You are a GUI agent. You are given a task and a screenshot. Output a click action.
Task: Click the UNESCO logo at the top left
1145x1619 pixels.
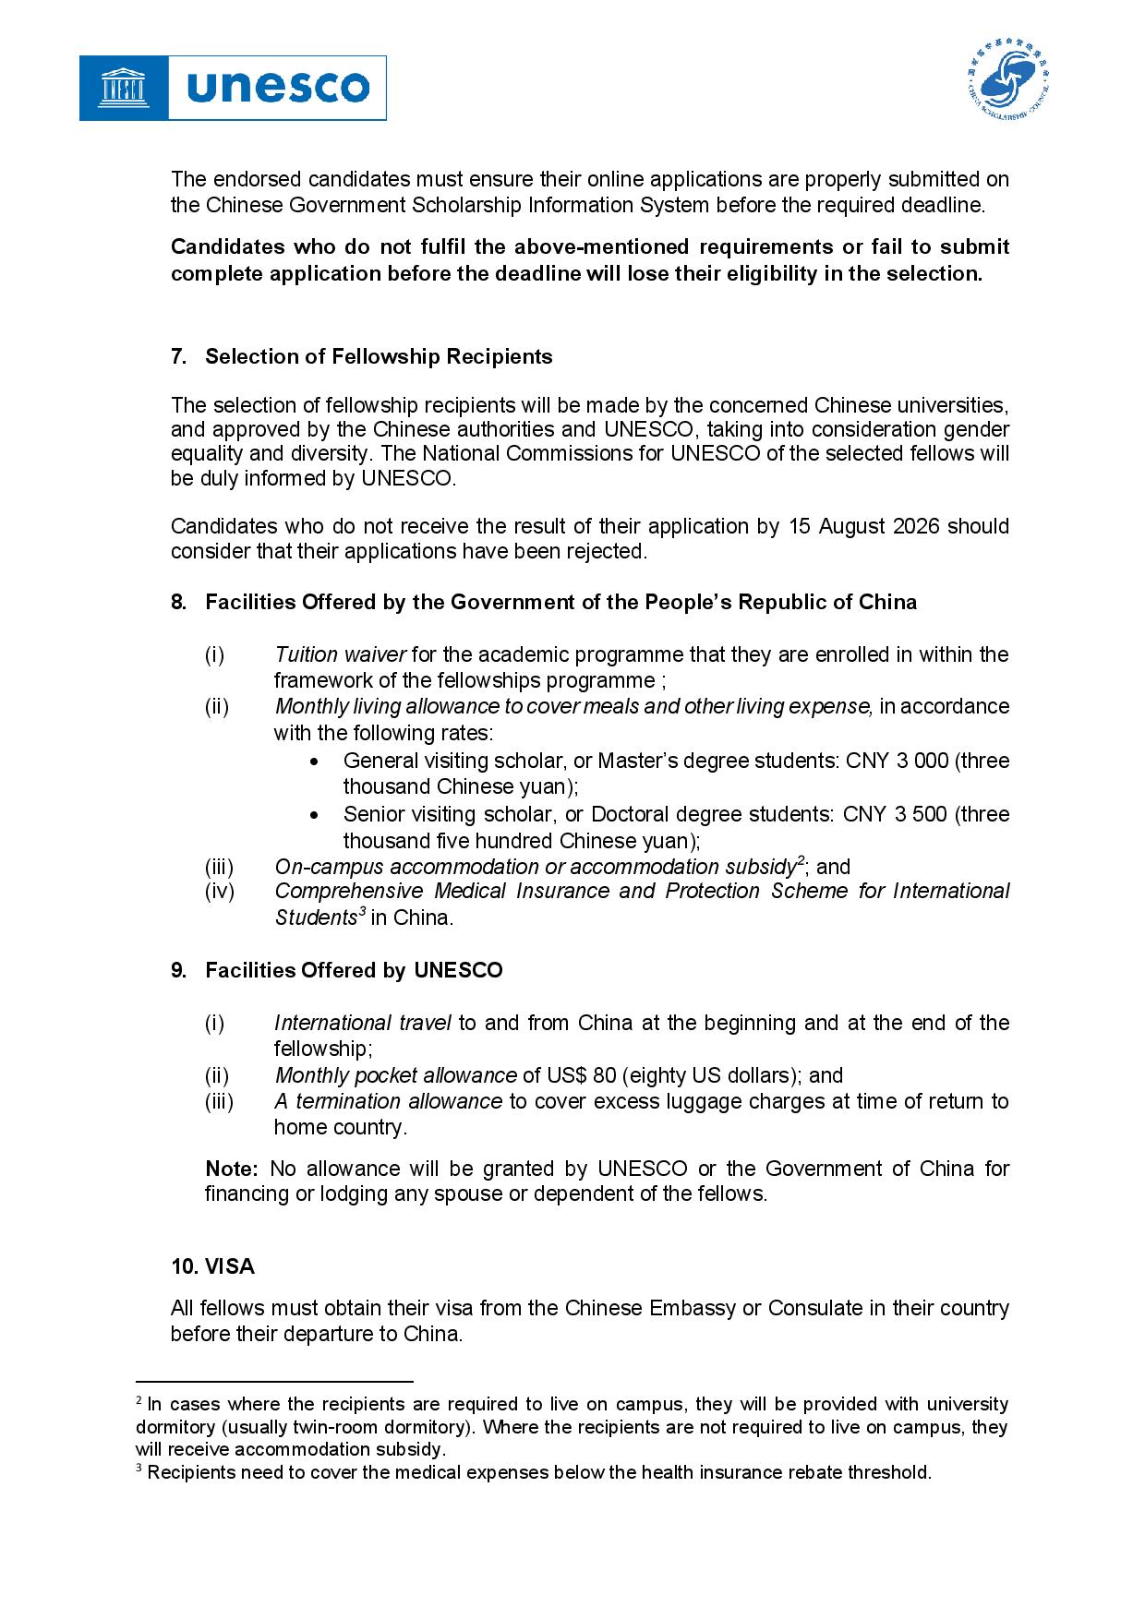pyautogui.click(x=233, y=88)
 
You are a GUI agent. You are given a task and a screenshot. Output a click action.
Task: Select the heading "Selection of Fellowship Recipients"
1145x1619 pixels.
pyautogui.click(x=379, y=356)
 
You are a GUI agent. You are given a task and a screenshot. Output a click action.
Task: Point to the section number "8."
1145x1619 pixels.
pyautogui.click(x=178, y=602)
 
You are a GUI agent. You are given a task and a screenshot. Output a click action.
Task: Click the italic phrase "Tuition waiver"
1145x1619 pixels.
pyautogui.click(x=340, y=654)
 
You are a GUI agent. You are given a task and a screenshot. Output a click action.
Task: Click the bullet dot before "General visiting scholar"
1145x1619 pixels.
pyautogui.click(x=317, y=762)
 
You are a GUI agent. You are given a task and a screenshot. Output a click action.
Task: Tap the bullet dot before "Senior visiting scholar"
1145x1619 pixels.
pyautogui.click(x=317, y=815)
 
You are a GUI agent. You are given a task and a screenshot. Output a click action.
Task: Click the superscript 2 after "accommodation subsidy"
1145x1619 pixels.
pyautogui.click(x=801, y=861)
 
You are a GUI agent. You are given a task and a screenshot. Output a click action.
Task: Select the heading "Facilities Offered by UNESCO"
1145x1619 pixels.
pyautogui.click(x=354, y=970)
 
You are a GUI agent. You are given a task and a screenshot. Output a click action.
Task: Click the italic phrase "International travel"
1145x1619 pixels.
pyautogui.click(x=362, y=1023)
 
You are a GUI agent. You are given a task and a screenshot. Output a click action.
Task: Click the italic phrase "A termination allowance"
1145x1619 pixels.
pyautogui.click(x=388, y=1101)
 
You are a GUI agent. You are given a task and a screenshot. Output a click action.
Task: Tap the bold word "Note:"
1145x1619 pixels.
pyautogui.click(x=232, y=1169)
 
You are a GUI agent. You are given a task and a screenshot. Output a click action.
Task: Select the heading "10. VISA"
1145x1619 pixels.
pyautogui.click(x=212, y=1266)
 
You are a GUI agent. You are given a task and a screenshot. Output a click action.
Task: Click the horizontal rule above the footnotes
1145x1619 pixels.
pyautogui.click(x=274, y=1382)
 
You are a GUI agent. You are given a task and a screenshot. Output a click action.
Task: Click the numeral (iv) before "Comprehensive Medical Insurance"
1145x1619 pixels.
pyautogui.click(x=220, y=891)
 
